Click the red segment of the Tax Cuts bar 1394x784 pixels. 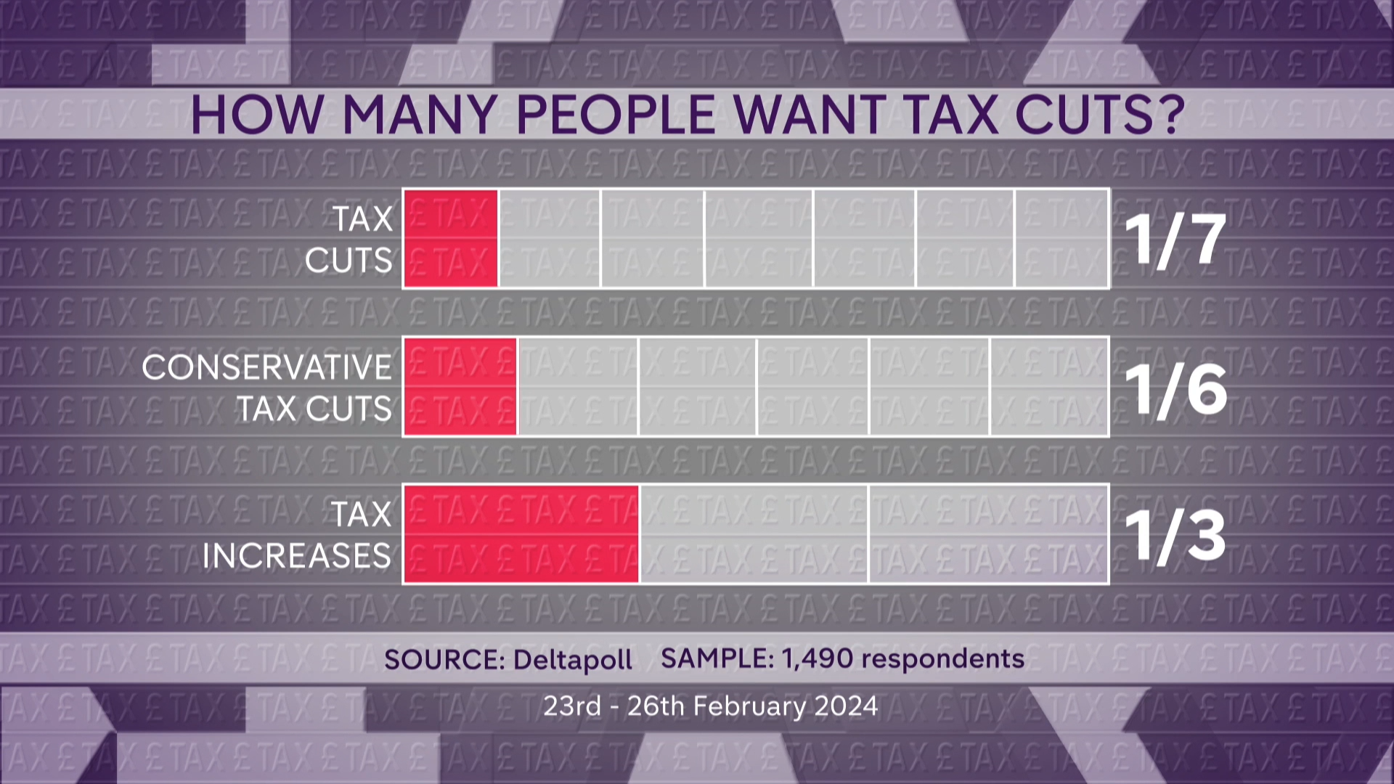click(x=451, y=239)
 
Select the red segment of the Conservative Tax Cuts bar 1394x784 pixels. click(x=460, y=386)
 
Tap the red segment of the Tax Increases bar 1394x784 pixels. click(x=521, y=534)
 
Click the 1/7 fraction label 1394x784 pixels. click(x=1175, y=240)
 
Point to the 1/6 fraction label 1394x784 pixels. click(x=1175, y=389)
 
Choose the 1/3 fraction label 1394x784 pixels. click(x=1175, y=536)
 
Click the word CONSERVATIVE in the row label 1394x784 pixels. click(x=266, y=367)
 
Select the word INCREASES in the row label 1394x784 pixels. click(x=296, y=556)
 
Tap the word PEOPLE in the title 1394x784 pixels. click(x=616, y=115)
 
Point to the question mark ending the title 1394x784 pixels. click(x=1170, y=115)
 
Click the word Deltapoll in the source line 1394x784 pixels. click(x=573, y=660)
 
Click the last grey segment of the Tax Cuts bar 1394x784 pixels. click(x=1061, y=239)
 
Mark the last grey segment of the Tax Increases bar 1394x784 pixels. click(x=988, y=534)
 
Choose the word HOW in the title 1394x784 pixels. click(x=257, y=115)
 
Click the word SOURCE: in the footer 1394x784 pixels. click(x=444, y=660)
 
